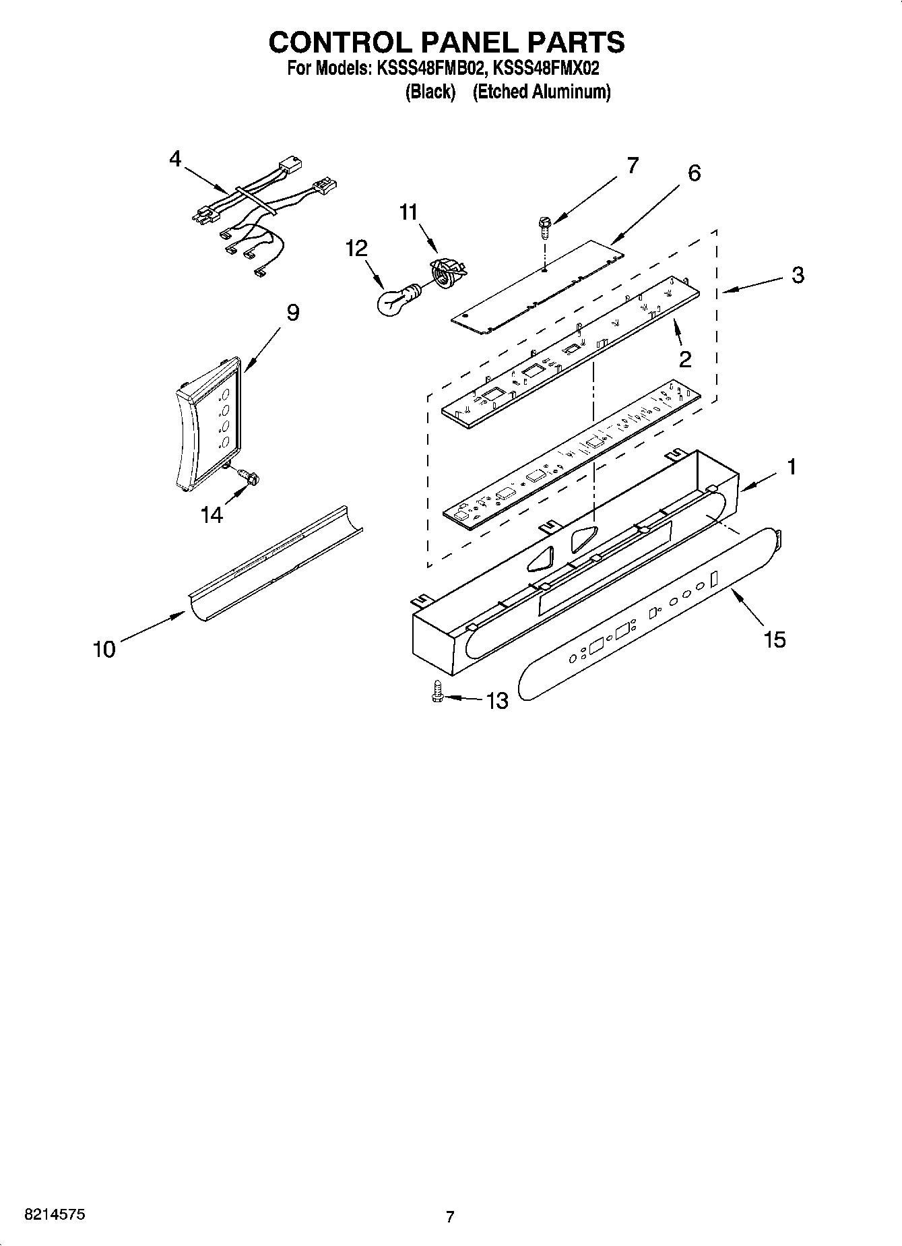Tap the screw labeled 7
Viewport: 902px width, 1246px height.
pyautogui.click(x=543, y=227)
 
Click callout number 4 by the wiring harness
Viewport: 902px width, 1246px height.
pyautogui.click(x=175, y=160)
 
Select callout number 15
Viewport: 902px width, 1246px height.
pyautogui.click(x=775, y=639)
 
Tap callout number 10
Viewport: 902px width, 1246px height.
pyautogui.click(x=104, y=650)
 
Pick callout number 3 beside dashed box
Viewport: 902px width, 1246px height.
pyautogui.click(x=798, y=275)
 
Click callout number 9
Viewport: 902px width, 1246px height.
pyautogui.click(x=292, y=313)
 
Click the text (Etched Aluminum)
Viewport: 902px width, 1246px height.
pyautogui.click(x=541, y=92)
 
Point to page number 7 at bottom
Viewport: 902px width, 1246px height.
pyautogui.click(x=450, y=1217)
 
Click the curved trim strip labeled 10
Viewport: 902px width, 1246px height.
pyautogui.click(x=275, y=563)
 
